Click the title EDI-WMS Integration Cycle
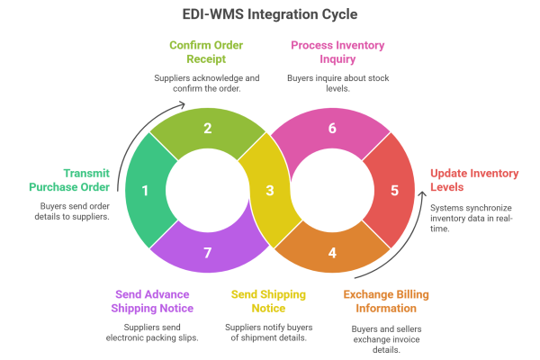270,16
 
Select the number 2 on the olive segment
207,129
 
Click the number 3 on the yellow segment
269,191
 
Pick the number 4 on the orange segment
332,253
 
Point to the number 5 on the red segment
394,191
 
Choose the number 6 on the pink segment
332,129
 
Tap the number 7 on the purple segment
207,253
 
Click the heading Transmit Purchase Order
85,180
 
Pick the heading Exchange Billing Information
387,301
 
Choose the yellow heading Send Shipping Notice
269,301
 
